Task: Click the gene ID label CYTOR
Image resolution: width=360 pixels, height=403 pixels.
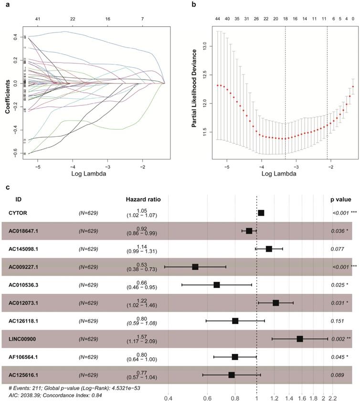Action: (18, 213)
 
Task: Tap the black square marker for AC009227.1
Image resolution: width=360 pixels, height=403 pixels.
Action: (195, 267)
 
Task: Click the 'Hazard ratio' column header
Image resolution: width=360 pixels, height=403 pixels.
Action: (140, 199)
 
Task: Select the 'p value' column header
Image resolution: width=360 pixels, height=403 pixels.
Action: (340, 199)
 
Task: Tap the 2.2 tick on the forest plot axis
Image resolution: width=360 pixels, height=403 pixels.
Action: (332, 397)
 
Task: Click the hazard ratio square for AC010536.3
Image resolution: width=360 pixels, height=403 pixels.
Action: (217, 285)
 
